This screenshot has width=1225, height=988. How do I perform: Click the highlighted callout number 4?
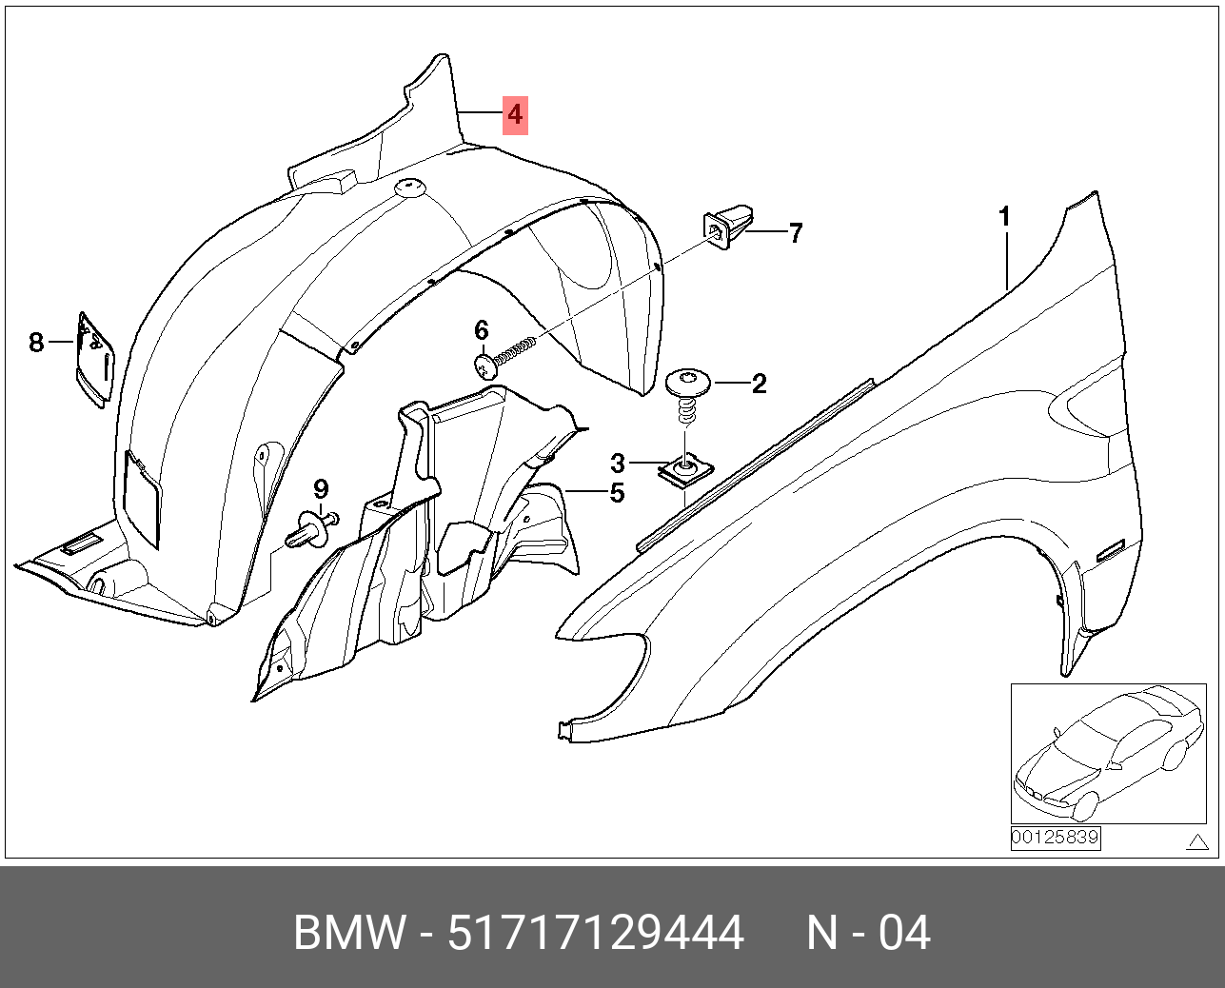coord(515,115)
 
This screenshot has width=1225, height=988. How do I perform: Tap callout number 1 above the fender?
coord(1005,217)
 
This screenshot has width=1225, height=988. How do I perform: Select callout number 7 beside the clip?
coord(795,233)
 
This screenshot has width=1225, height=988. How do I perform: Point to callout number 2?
coord(759,384)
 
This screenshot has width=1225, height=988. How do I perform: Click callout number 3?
coord(618,464)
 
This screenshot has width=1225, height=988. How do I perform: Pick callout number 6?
coord(482,330)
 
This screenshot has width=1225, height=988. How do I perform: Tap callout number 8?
coord(36,343)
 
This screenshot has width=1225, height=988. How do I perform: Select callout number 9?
coord(321,488)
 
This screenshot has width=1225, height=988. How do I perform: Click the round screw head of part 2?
coord(688,381)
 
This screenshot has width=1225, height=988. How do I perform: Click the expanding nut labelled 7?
coord(730,227)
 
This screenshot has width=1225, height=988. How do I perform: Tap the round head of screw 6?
coord(486,365)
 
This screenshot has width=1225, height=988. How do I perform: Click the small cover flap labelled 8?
coord(95,360)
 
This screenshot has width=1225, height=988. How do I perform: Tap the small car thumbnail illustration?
coord(1108,753)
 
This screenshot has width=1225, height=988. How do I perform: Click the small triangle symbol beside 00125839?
coord(1198,841)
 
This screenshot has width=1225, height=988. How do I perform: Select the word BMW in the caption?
coord(350,932)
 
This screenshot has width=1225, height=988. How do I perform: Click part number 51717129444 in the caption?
coord(596,932)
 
